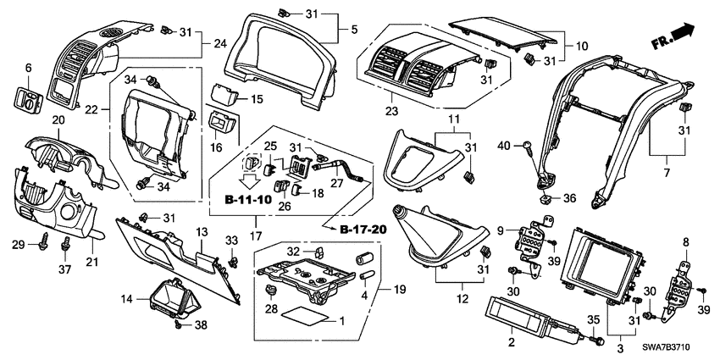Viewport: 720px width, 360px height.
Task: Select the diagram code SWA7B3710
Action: pos(673,350)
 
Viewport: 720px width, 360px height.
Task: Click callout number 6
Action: pos(27,68)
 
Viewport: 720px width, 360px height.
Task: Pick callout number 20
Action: pos(58,121)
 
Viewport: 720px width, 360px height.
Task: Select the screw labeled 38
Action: pos(177,324)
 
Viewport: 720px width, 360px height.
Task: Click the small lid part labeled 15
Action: pos(223,96)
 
